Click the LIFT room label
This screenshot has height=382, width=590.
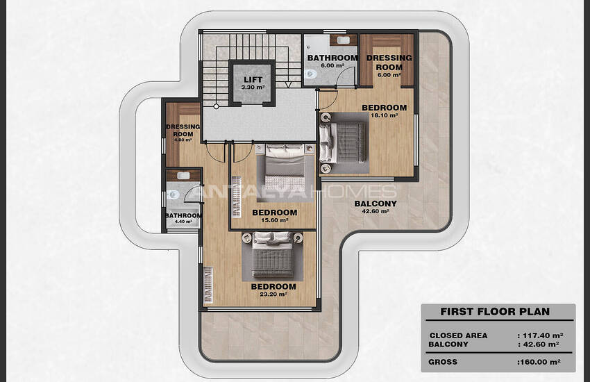tap(253, 79)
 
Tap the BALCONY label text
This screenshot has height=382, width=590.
tap(376, 204)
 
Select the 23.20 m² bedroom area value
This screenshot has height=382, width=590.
tap(273, 294)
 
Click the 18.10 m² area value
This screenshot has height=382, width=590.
tap(384, 115)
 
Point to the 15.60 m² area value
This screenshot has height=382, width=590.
tap(275, 220)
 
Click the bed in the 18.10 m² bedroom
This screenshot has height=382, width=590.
tap(343, 142)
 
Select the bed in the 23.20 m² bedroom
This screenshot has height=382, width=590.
tap(272, 255)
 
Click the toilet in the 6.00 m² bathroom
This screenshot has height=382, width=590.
tap(311, 74)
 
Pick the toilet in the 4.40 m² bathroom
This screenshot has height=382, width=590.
tap(174, 195)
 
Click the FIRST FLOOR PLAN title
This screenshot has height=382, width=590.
tap(495, 312)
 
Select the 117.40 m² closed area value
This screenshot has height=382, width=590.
tap(543, 335)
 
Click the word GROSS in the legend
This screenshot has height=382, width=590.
tap(443, 362)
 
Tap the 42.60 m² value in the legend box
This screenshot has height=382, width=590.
tap(540, 344)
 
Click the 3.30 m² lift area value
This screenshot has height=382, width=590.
tap(253, 88)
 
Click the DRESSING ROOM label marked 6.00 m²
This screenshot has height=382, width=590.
tap(389, 63)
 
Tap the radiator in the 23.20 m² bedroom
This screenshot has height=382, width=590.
tap(208, 284)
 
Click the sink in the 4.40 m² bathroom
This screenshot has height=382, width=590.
tap(183, 176)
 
